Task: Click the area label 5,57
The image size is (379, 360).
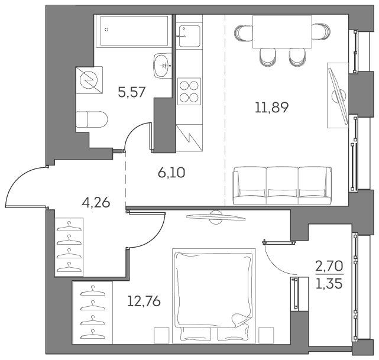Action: tap(131, 92)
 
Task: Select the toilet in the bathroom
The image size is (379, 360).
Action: tap(91, 119)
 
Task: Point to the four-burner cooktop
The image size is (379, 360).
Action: tap(190, 91)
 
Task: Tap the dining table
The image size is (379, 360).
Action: tap(282, 32)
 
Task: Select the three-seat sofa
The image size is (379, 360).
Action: tap(281, 185)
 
